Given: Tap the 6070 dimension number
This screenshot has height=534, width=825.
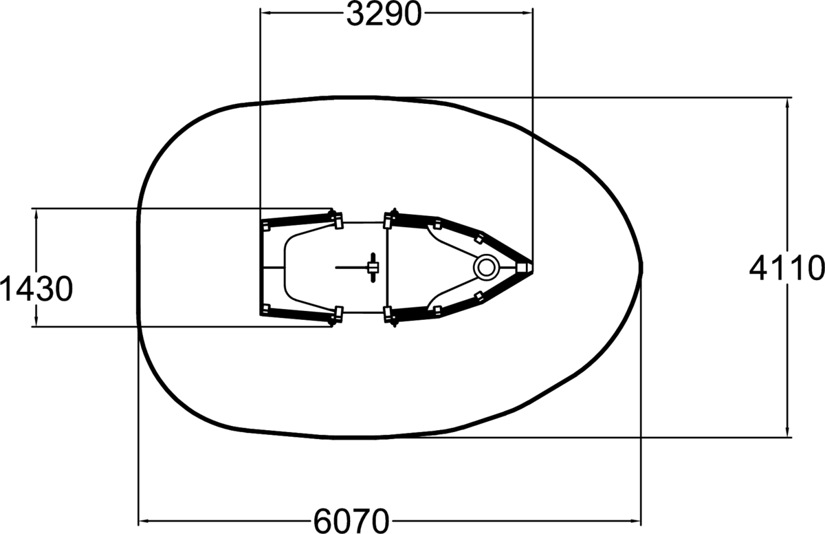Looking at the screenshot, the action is pyautogui.click(x=351, y=521).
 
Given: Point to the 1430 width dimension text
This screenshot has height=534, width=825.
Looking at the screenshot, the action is pyautogui.click(x=36, y=289).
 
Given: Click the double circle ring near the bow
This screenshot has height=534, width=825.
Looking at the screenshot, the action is pyautogui.click(x=486, y=268).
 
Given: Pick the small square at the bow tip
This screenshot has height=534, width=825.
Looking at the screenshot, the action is pyautogui.click(x=521, y=267).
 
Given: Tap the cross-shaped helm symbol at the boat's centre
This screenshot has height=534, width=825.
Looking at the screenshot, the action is pyautogui.click(x=373, y=268).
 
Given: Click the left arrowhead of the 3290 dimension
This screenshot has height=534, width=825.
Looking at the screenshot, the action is pyautogui.click(x=266, y=13).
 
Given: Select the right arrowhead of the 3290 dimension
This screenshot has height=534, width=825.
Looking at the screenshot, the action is pyautogui.click(x=527, y=13).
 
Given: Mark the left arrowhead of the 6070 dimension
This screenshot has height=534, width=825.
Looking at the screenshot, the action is pyautogui.click(x=144, y=521).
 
